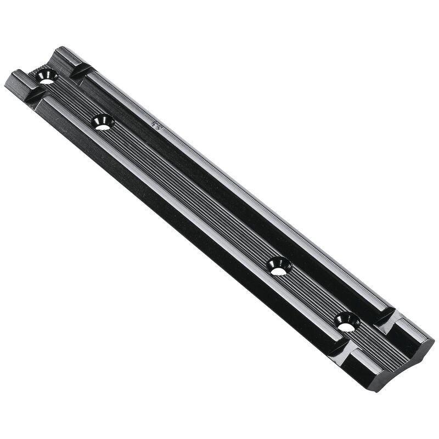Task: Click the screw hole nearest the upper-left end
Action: point(47,77)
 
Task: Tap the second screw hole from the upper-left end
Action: point(103,122)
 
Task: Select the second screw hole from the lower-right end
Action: point(279,266)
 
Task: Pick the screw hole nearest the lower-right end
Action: point(346,322)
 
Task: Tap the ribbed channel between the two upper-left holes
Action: point(75,99)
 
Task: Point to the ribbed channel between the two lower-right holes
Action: point(313,294)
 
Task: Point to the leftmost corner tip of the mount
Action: point(5,85)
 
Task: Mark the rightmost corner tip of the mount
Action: point(434,343)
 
